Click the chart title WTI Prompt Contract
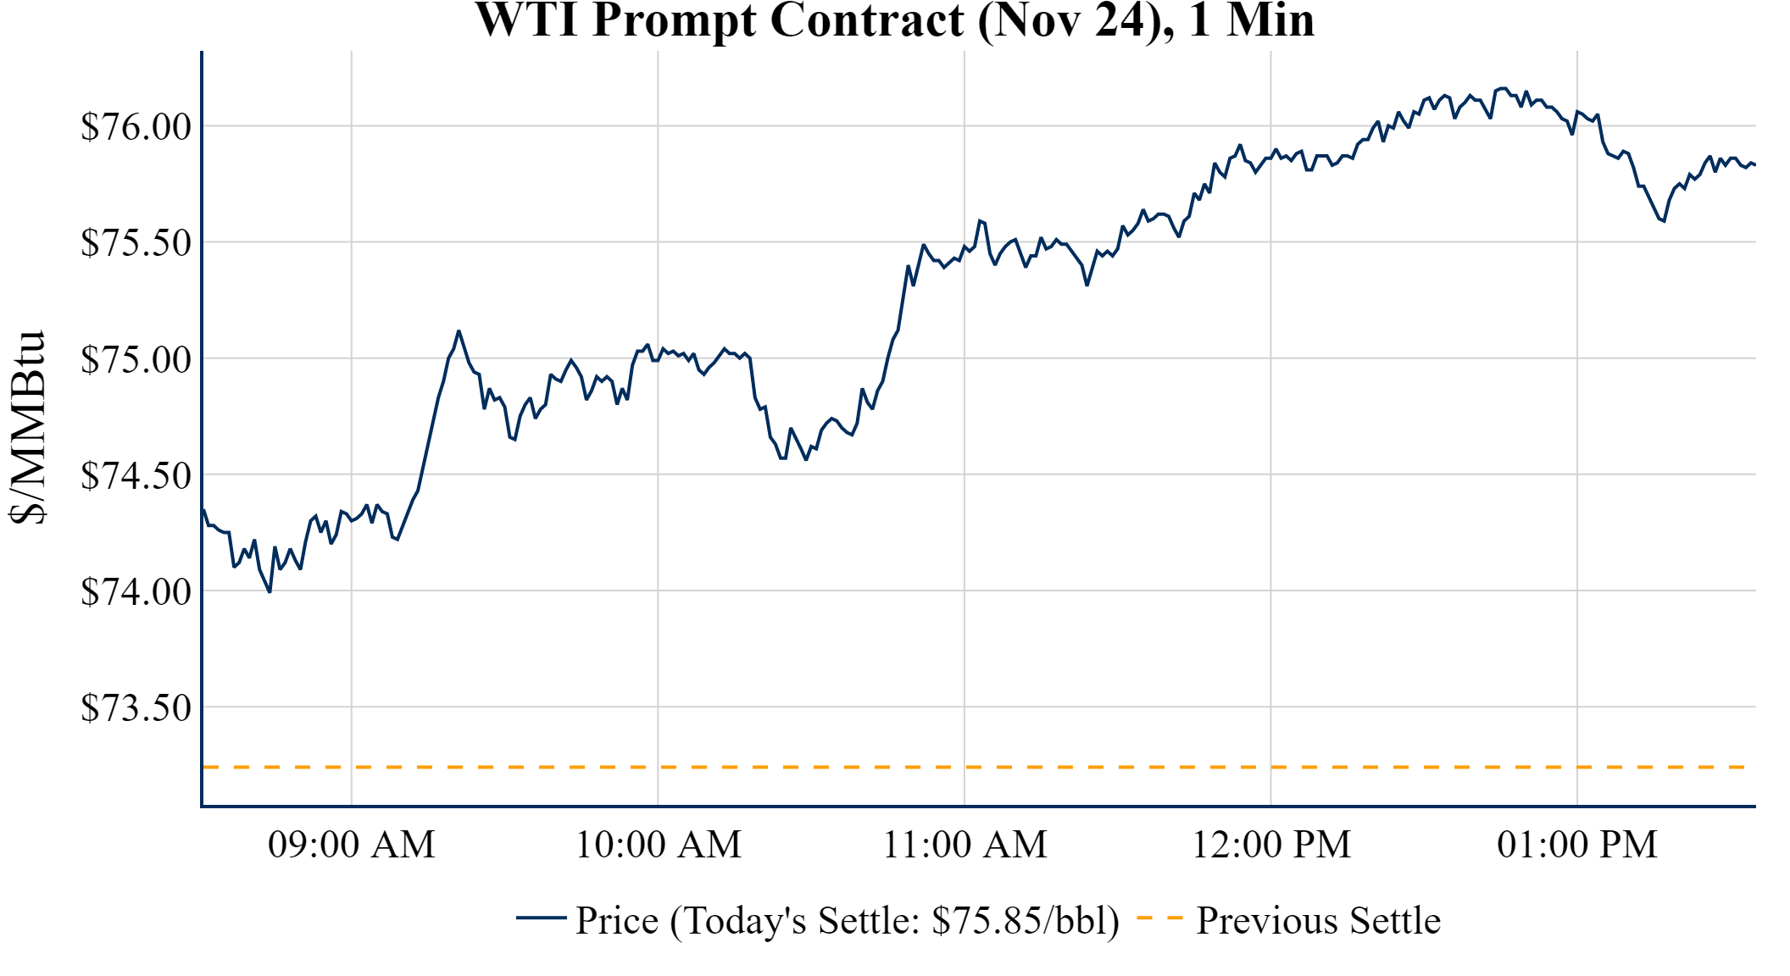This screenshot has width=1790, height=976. pyautogui.click(x=894, y=20)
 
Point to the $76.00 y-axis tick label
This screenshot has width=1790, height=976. pyautogui.click(x=136, y=127)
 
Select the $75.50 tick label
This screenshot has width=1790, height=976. pyautogui.click(x=136, y=243)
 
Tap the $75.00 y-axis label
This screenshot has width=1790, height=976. pyautogui.click(x=136, y=359)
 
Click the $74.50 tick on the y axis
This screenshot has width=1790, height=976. pyautogui.click(x=136, y=475)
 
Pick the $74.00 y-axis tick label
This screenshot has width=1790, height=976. pyautogui.click(x=136, y=591)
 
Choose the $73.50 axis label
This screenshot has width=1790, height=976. pyautogui.click(x=136, y=707)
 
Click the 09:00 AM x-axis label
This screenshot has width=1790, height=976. pyautogui.click(x=352, y=845)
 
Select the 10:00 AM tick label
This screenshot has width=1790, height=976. pyautogui.click(x=659, y=845)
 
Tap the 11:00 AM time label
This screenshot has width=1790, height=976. pyautogui.click(x=964, y=845)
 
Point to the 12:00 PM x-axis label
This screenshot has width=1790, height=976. pyautogui.click(x=1271, y=845)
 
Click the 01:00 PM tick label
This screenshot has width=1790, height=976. pyautogui.click(x=1577, y=845)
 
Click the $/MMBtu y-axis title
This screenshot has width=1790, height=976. pyautogui.click(x=27, y=428)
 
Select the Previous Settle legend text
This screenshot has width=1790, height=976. pyautogui.click(x=1318, y=921)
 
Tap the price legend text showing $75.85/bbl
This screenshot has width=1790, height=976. pyautogui.click(x=848, y=921)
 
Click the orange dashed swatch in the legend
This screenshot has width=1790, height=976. pyautogui.click(x=1159, y=918)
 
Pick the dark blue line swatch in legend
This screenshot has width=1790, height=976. pyautogui.click(x=541, y=918)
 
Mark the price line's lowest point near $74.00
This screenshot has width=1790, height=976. pyautogui.click(x=270, y=591)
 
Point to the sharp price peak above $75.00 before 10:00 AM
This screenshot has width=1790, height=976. pyautogui.click(x=459, y=331)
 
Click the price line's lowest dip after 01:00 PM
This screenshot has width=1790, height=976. pyautogui.click(x=1664, y=221)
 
